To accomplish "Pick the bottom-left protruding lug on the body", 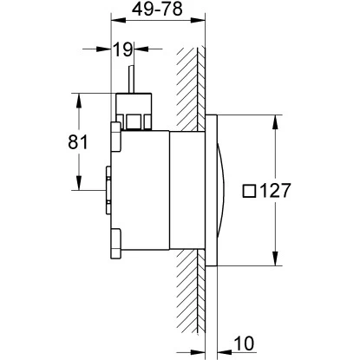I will [115, 246].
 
